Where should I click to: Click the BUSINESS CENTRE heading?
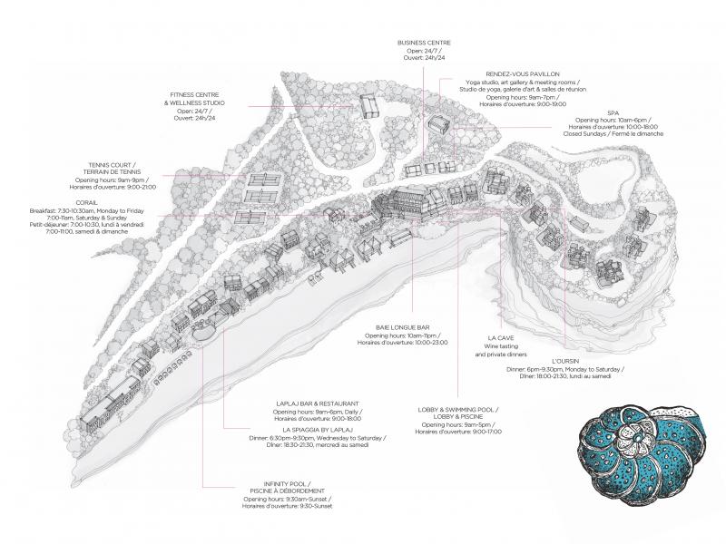pos(424,43)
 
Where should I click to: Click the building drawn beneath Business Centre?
pos(371,104)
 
